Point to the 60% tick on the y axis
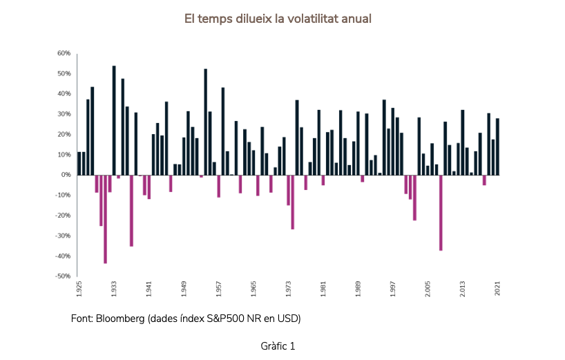(64, 53)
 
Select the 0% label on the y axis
(66, 175)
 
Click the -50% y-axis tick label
(63, 276)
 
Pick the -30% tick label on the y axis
(63, 236)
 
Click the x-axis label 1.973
(288, 289)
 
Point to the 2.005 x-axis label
(428, 289)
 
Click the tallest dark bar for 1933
(114, 120)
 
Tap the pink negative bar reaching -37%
(441, 212)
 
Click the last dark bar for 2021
(497, 146)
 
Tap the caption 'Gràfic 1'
(278, 345)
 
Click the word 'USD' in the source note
(289, 319)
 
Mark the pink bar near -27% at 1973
(293, 202)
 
